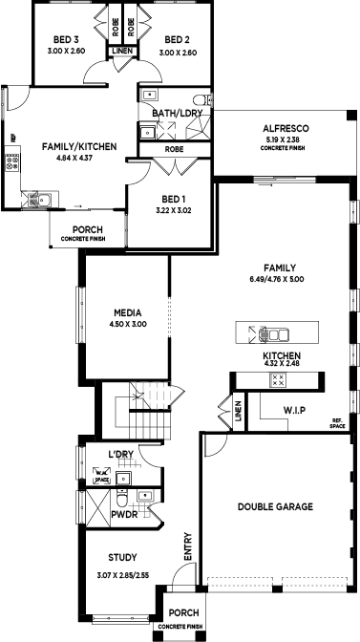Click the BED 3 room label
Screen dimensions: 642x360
[x=66, y=40]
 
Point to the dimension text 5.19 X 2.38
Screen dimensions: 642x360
[x=284, y=140]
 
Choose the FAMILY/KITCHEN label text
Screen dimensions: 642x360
[x=79, y=146]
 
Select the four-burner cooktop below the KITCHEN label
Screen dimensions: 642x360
[x=279, y=379]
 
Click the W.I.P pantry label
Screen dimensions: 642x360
[x=293, y=411]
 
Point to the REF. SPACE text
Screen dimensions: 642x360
[x=337, y=423]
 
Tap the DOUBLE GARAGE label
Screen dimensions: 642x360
[x=275, y=506]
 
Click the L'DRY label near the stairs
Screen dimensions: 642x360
[x=119, y=453]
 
